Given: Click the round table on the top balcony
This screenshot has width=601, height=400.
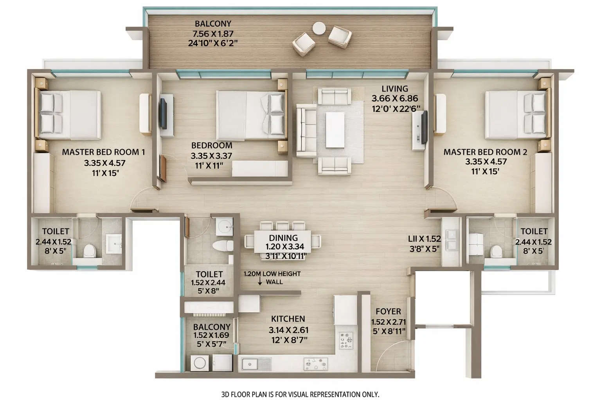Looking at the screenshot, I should tap(319, 28).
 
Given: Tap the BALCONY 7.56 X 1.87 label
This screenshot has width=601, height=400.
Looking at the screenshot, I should tap(213, 34).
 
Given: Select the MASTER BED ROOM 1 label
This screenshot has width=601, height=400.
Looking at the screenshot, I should tap(103, 152).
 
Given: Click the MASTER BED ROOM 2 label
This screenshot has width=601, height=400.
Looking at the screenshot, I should tap(485, 152).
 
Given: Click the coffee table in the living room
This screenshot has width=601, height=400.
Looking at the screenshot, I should tap(335, 130).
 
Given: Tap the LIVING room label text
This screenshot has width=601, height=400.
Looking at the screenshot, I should tap(395, 89).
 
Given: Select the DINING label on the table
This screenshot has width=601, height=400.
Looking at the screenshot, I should tap(283, 238).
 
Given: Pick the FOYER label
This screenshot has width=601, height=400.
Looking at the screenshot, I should tap(388, 311).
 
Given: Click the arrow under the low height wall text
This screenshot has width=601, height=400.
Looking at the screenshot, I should tap(260, 282).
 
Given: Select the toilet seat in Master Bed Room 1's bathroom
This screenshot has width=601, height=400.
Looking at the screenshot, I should tap(90, 250).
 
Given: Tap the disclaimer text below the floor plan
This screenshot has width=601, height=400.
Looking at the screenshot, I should tap(300, 394).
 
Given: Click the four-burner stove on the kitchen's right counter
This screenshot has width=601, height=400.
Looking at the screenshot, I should tap(346, 340).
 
